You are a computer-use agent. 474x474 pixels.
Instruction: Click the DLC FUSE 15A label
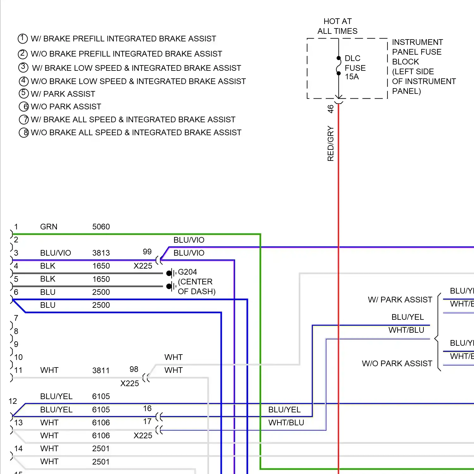tap(355, 68)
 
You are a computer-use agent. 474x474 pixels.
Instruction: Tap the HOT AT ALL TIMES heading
tap(337, 26)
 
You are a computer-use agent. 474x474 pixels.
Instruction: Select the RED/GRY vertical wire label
tap(331, 143)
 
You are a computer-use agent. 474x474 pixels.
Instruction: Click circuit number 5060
tap(101, 227)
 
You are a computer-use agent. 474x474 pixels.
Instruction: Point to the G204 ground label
tap(187, 272)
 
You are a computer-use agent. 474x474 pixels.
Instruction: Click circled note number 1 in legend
tap(23, 39)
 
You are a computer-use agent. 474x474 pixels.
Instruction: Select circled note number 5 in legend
tap(24, 93)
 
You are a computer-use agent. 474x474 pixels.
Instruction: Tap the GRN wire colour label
tap(49, 227)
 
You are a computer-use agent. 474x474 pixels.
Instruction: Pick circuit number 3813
tap(101, 253)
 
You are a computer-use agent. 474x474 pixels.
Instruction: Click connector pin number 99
tap(147, 252)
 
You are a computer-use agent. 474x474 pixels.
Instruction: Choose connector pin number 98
tap(134, 369)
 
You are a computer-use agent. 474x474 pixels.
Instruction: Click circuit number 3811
tap(101, 370)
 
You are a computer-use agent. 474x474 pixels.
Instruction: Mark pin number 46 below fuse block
tap(331, 109)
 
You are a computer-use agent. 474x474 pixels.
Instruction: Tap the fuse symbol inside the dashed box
tap(338, 66)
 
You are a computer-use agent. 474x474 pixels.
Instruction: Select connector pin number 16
tap(147, 408)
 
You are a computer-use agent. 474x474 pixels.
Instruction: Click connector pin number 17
tap(147, 421)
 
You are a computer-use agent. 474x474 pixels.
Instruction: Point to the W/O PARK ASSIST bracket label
tap(397, 363)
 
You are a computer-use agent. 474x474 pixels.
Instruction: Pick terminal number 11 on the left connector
tap(18, 370)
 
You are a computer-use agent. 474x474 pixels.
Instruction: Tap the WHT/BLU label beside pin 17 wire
tap(286, 422)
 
